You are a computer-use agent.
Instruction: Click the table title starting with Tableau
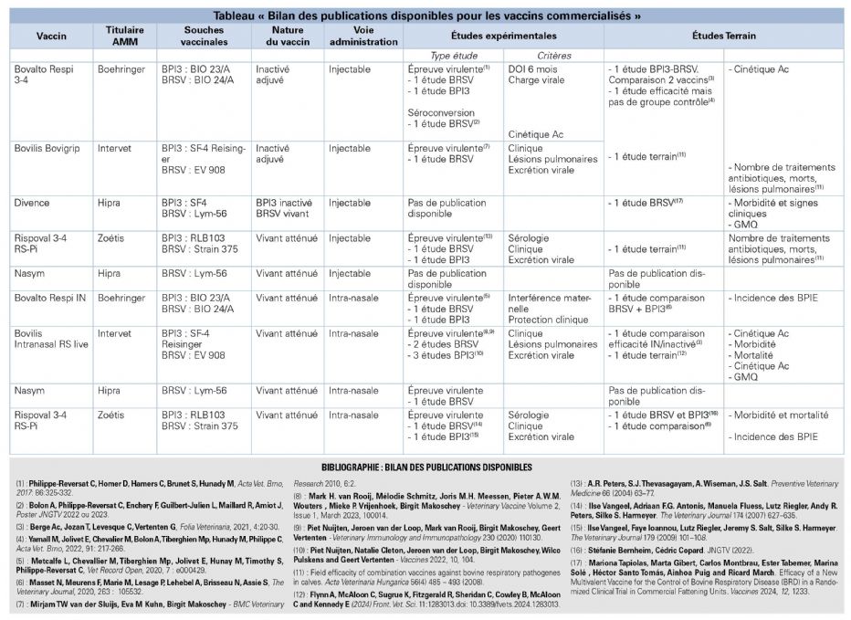(425, 16)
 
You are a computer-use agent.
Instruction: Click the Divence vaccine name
(32, 203)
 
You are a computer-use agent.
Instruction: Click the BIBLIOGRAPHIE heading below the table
(425, 467)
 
